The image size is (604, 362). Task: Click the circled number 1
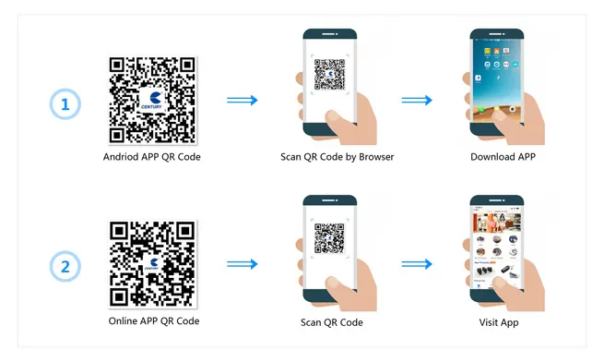click(x=65, y=105)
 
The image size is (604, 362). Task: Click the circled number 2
click(x=65, y=268)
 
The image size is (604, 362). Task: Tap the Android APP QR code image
click(x=152, y=100)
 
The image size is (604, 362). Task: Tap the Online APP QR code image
click(x=152, y=263)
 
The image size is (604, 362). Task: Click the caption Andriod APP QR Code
click(x=152, y=157)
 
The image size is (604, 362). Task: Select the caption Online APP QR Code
click(x=153, y=321)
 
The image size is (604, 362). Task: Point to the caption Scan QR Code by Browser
click(x=338, y=157)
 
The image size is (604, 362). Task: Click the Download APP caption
click(x=503, y=157)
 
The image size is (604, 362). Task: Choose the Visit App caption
click(x=503, y=322)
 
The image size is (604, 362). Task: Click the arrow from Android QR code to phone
click(x=242, y=101)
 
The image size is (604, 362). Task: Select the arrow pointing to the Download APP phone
click(x=417, y=101)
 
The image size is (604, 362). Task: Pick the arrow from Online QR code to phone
click(x=242, y=265)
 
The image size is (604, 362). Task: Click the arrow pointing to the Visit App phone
click(x=417, y=265)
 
